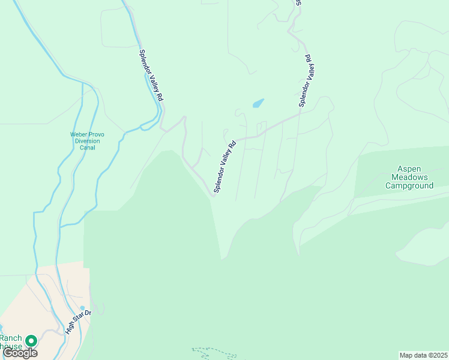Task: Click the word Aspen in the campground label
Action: pos(409,169)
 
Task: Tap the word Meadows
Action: pos(409,178)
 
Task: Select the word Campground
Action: pos(409,186)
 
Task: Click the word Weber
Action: pos(79,134)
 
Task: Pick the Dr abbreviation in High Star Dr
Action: pos(86,313)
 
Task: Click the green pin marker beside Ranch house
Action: pos(31,340)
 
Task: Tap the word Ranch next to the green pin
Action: pos(11,338)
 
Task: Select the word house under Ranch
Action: pos(10,347)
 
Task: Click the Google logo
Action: pos(20,353)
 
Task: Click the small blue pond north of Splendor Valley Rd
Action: pos(258,103)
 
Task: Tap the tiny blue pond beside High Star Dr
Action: pos(82,308)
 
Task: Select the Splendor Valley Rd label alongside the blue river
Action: pos(151,74)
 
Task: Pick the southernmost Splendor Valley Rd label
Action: pos(224,167)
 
